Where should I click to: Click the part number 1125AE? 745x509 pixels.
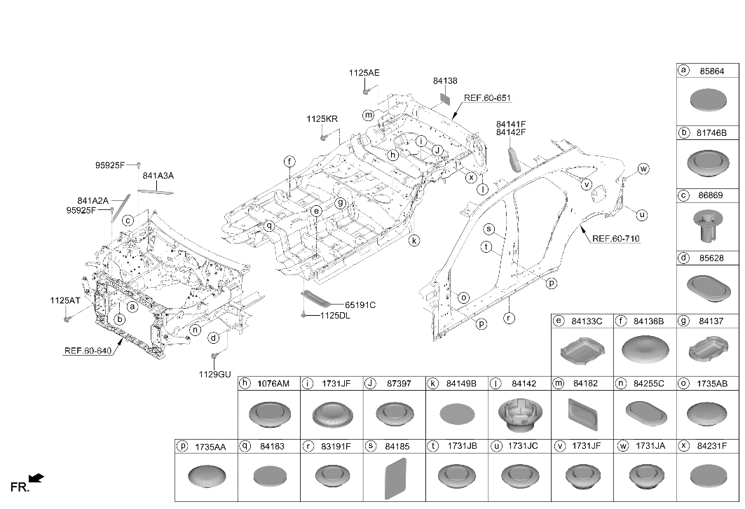click(x=364, y=73)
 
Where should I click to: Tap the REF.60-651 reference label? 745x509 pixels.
click(x=487, y=98)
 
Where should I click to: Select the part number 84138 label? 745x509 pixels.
click(x=445, y=81)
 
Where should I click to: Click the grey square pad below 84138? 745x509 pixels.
click(x=445, y=98)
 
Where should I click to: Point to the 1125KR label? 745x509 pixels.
click(x=322, y=119)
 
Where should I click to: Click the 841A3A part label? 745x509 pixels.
click(x=158, y=176)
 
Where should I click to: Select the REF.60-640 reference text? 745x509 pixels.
click(x=88, y=351)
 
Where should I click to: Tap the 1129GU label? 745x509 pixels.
click(x=214, y=374)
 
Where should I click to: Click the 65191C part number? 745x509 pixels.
click(x=360, y=305)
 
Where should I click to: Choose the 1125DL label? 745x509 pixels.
click(x=335, y=315)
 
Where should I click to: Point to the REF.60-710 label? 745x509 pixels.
click(x=616, y=238)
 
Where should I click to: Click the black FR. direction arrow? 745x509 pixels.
click(x=36, y=477)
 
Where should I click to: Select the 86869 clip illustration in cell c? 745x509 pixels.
click(x=708, y=225)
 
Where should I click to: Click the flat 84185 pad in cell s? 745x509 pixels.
click(x=395, y=479)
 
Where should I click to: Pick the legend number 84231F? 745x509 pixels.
click(x=712, y=446)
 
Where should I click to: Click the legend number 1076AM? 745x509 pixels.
click(x=273, y=384)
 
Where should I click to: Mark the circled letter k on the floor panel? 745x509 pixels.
click(x=414, y=241)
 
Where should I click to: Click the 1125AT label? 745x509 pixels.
click(x=65, y=300)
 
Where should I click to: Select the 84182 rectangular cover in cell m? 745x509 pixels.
click(x=583, y=414)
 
